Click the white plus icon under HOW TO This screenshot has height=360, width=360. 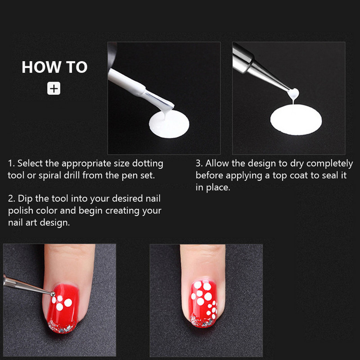pos(54,88)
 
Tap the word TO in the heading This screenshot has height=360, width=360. pos(77,67)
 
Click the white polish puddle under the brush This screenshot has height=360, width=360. pos(169,124)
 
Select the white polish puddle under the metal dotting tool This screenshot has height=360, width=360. pos(296,119)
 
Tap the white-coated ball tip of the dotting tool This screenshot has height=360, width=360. pos(293,94)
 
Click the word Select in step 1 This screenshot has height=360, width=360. pos(30,163)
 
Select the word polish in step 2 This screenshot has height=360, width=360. pos(21,211)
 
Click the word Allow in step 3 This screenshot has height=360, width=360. pos(217,163)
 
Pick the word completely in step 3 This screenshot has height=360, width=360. pos(329,164)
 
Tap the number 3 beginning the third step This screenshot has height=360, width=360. pos(198,163)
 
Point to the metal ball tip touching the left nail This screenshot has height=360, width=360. pos(53,294)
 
